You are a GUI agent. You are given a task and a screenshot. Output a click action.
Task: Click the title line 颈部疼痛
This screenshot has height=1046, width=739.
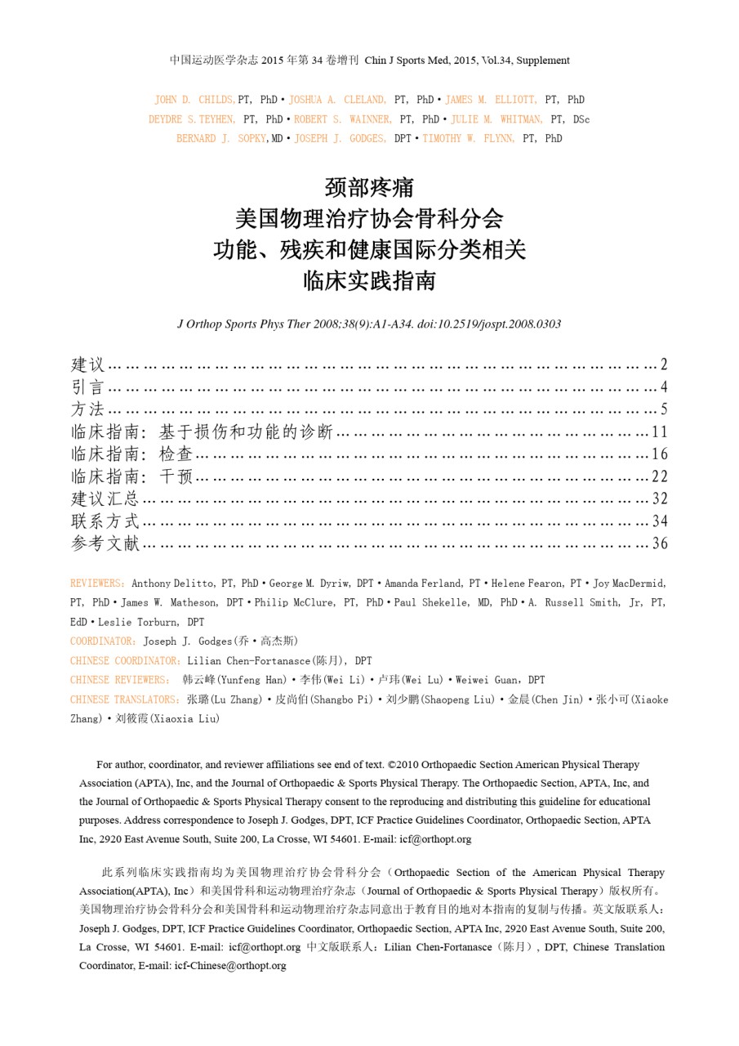coord(369,188)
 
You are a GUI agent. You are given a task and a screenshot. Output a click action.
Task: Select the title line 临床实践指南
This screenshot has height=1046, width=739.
coord(369,281)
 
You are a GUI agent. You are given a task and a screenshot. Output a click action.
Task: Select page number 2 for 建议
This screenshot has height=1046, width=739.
coord(664,364)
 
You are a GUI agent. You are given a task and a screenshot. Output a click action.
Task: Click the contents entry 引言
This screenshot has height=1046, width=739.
coord(88,387)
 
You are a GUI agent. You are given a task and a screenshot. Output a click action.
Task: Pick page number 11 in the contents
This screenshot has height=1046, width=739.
coord(660,431)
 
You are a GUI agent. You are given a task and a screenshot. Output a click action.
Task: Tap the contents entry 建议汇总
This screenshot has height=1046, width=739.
coord(105,498)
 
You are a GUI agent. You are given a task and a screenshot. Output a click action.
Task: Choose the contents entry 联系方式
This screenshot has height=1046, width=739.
coord(105,521)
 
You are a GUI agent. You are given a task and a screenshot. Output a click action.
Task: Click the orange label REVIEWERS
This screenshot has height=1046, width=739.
coord(96,583)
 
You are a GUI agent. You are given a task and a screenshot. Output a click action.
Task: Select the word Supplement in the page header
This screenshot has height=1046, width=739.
coord(543,60)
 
